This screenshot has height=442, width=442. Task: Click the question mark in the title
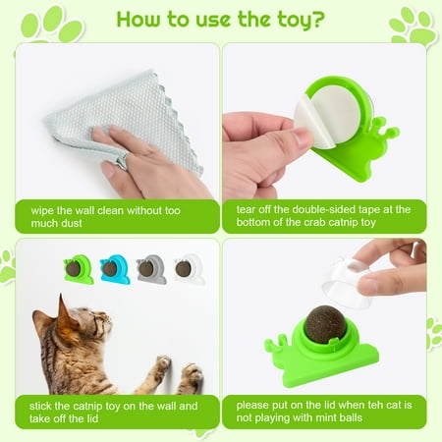point(316,19)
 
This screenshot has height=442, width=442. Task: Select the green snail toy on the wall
point(79,269)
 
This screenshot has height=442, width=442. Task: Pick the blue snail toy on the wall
point(115,269)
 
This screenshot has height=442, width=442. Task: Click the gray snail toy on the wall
point(151,269)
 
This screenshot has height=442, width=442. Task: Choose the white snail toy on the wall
point(188,269)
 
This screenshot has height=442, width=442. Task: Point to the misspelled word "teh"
point(375,405)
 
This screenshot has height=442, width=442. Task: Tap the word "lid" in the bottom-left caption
point(91,418)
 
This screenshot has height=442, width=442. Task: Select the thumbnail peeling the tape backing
point(304,137)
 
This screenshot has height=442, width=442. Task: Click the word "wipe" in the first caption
point(42,210)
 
